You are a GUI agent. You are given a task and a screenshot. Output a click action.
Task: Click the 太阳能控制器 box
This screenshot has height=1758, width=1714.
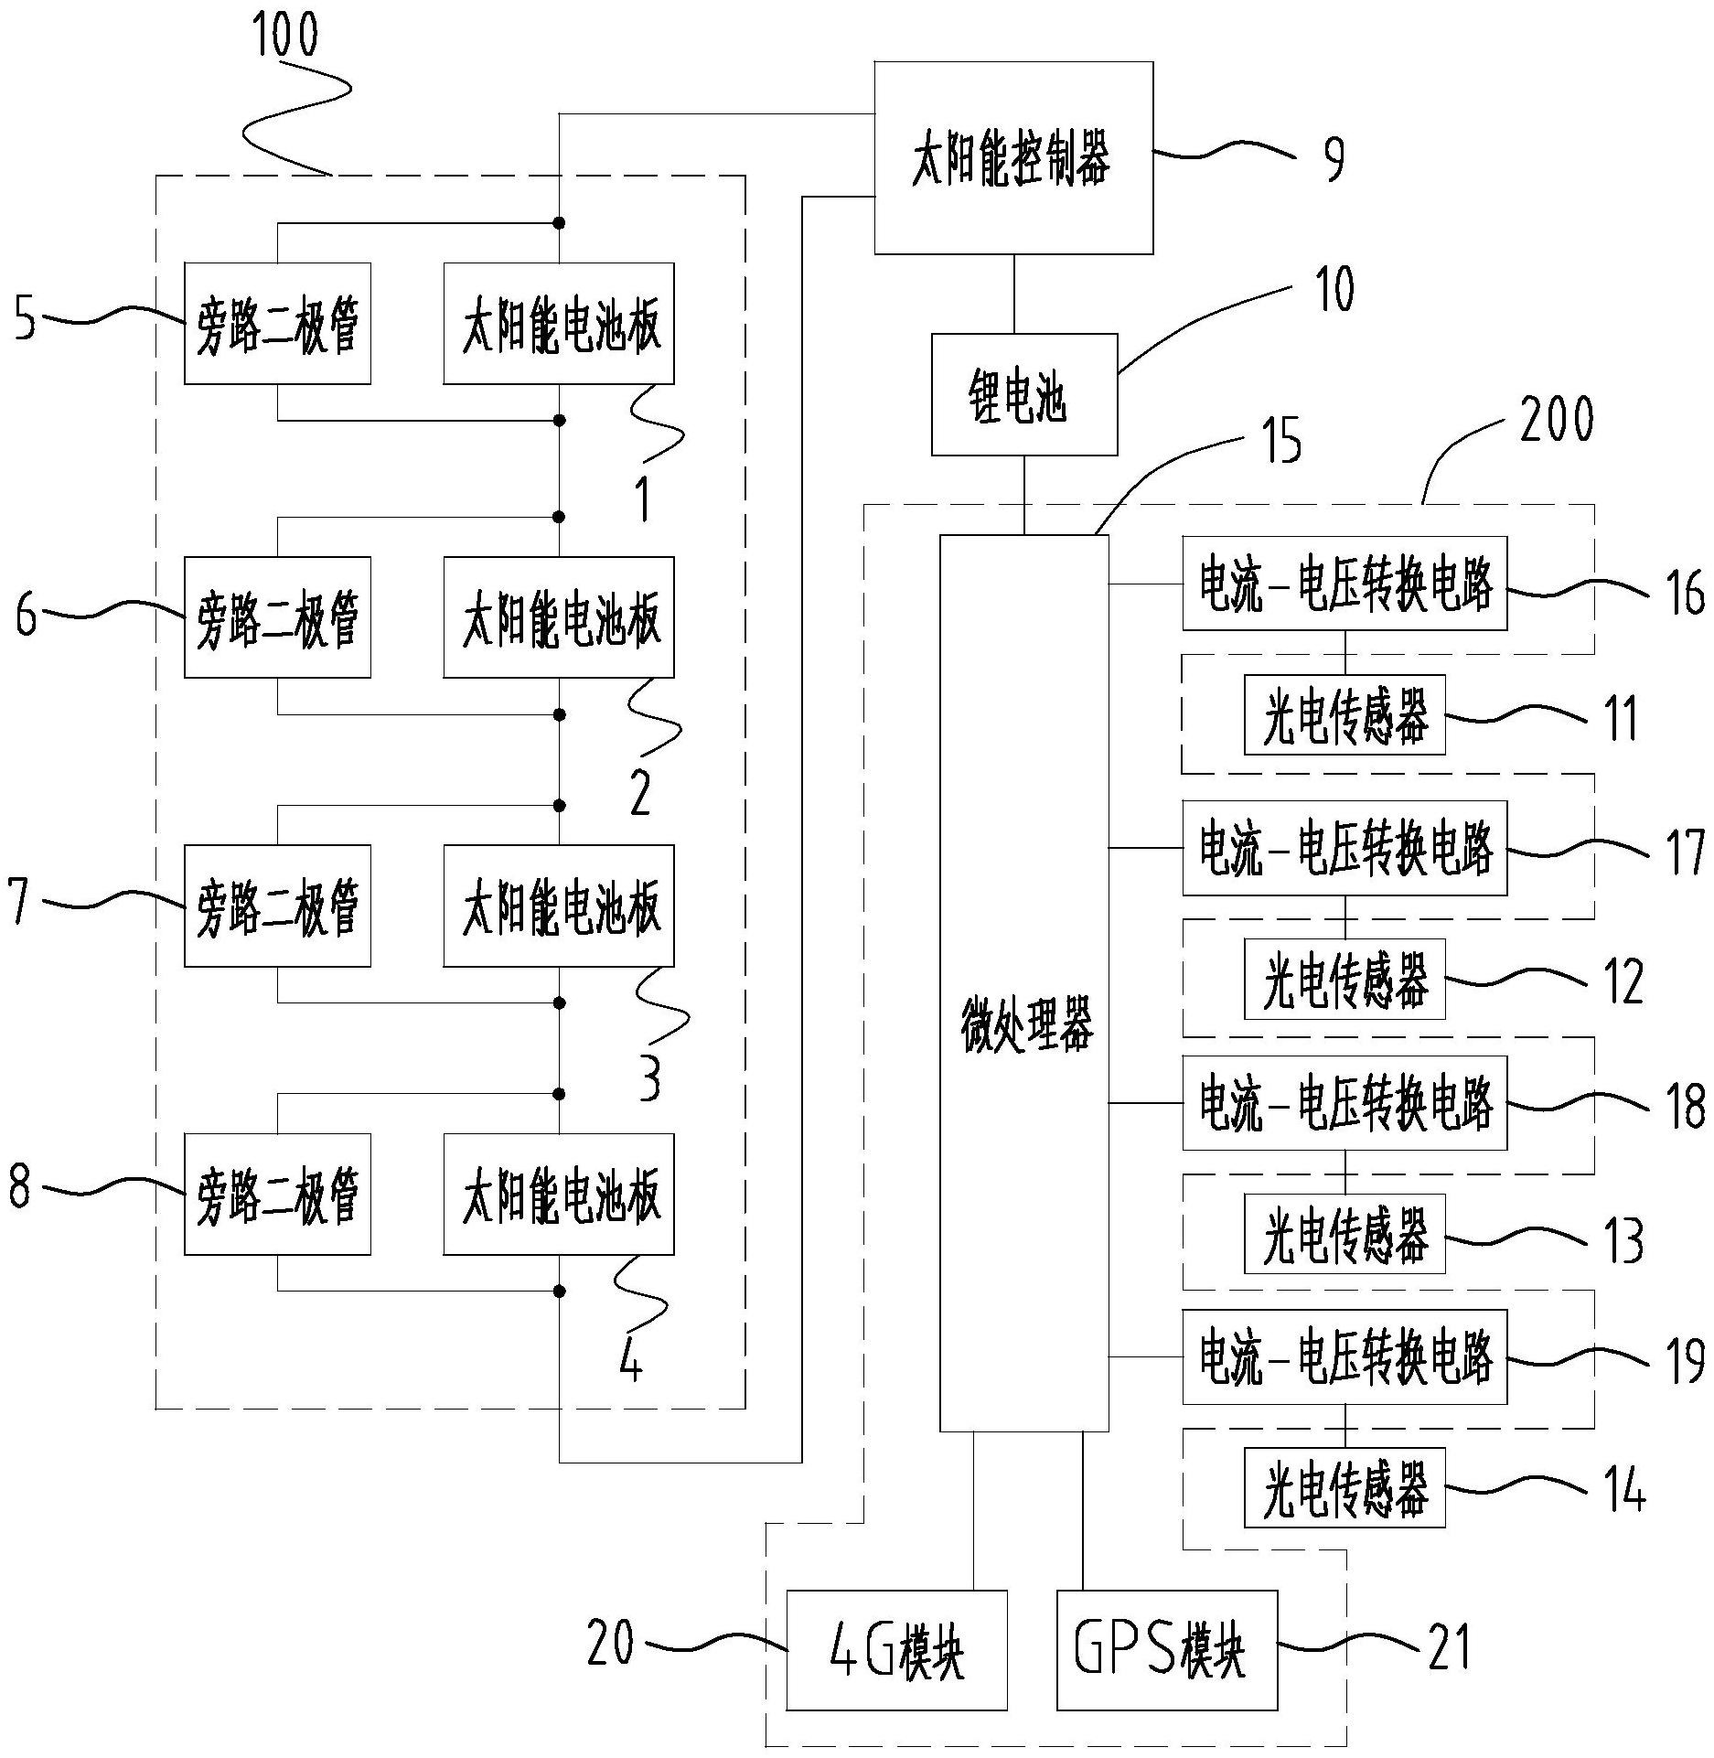point(1012,158)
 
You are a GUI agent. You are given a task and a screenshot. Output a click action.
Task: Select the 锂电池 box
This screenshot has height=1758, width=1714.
point(1023,394)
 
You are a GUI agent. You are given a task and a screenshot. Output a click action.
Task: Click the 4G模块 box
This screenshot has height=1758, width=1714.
point(896,1650)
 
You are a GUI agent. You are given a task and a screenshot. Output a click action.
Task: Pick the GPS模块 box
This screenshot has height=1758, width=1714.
point(1166,1650)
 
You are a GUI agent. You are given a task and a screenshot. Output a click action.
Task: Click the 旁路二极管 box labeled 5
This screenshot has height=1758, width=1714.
point(277,324)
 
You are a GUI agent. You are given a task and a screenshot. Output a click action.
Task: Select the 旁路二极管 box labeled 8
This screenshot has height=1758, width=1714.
point(277,1194)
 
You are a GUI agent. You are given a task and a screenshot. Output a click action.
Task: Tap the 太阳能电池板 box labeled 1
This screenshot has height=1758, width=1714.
point(558,324)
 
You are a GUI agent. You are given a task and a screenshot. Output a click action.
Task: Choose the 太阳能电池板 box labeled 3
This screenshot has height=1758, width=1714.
point(558,906)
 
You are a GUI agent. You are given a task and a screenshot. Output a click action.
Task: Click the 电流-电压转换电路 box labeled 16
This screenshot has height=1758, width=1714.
point(1344,584)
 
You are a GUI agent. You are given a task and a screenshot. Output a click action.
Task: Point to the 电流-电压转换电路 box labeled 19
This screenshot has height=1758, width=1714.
point(1344,1357)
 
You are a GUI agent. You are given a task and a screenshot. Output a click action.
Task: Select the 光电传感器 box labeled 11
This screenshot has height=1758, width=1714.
point(1344,715)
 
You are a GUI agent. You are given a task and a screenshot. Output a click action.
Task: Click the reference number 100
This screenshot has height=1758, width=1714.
point(285,35)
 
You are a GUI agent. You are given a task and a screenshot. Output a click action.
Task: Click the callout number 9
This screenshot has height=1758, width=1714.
point(1334,158)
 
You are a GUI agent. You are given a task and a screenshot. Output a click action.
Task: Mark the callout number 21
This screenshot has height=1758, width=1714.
point(1449,1647)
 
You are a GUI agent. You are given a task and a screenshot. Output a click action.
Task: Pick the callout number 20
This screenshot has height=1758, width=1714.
point(611,1642)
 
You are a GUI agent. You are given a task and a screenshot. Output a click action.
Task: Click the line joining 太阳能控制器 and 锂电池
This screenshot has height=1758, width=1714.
point(1013,294)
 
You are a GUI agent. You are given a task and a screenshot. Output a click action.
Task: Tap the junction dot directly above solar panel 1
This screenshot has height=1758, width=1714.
point(559,222)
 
